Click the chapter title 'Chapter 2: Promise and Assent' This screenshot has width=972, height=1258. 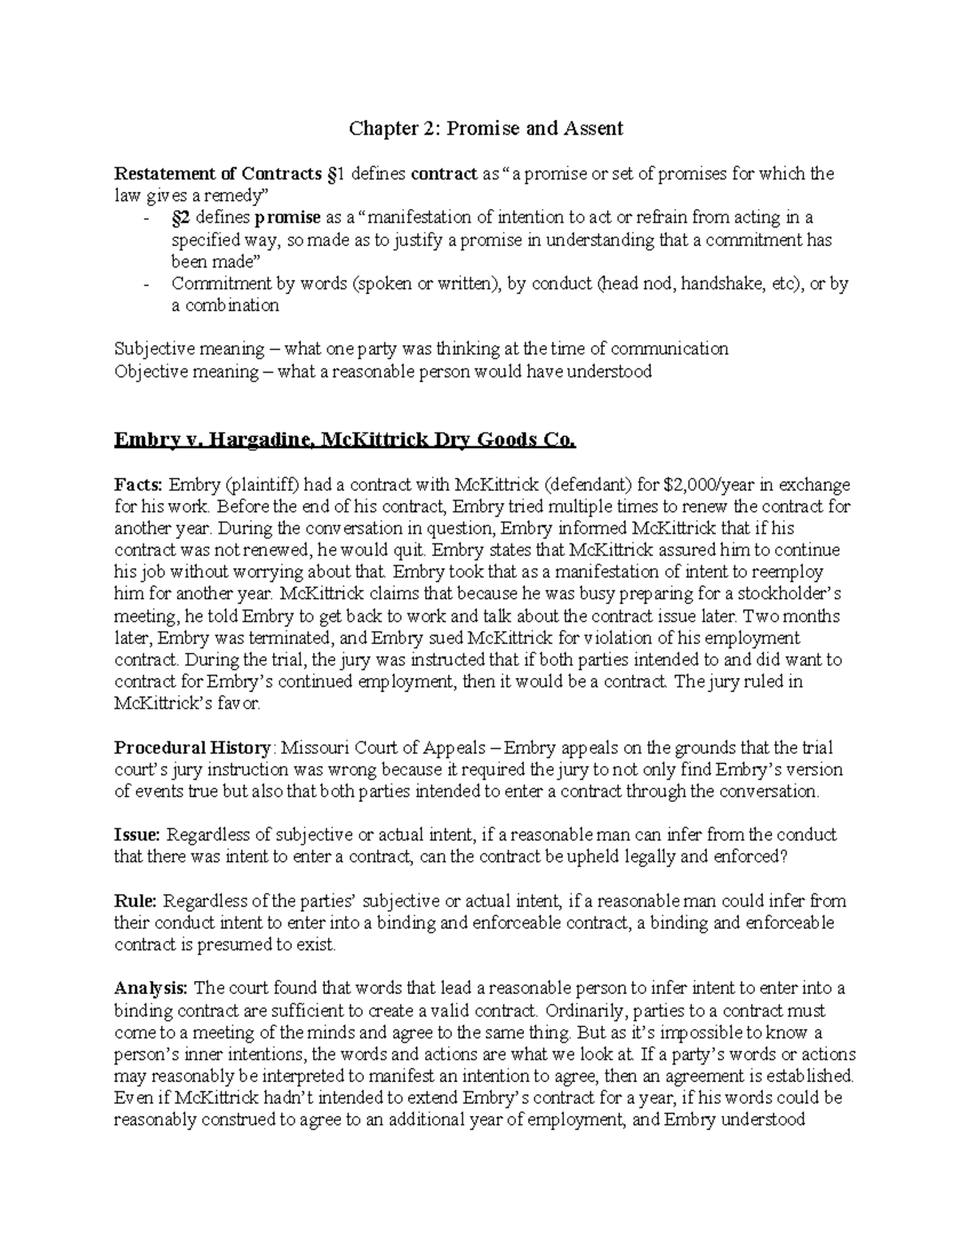[x=486, y=128]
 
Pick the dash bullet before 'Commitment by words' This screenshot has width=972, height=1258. [x=146, y=284]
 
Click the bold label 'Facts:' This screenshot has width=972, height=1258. [x=139, y=485]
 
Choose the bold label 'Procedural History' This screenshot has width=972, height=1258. [x=192, y=748]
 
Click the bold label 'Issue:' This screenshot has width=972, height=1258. [x=138, y=835]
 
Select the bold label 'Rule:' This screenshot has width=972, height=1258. [x=136, y=901]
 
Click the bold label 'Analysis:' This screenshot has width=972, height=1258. [x=151, y=988]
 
